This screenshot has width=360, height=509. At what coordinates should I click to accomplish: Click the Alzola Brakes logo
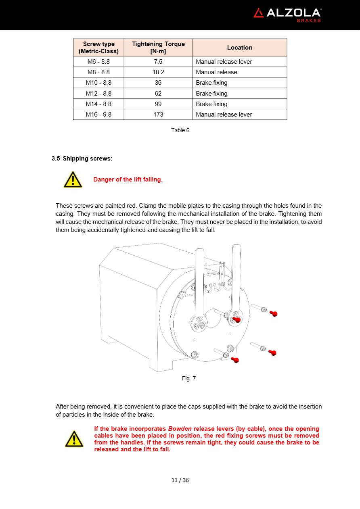[287, 15]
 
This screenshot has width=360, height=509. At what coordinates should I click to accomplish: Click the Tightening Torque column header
[158, 48]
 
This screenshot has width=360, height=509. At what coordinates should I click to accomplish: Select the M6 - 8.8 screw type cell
[98, 62]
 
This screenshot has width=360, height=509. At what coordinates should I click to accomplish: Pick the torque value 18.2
[158, 72]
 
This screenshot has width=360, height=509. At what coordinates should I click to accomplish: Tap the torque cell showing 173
[158, 115]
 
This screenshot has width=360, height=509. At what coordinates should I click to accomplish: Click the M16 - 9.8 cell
[98, 115]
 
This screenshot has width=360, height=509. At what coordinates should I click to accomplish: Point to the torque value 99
[158, 104]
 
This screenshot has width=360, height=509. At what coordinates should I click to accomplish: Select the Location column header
[239, 48]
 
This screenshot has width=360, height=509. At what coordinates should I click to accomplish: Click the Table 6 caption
[180, 130]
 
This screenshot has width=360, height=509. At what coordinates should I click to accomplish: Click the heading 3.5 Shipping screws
[82, 159]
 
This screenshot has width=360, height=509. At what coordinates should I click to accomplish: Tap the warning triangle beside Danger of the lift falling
[73, 180]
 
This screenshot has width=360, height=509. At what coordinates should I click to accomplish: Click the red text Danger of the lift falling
[128, 179]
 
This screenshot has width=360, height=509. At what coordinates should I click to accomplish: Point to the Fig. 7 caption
[188, 378]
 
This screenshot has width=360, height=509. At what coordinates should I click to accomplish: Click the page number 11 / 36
[180, 480]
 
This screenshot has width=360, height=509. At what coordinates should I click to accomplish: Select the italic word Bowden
[180, 429]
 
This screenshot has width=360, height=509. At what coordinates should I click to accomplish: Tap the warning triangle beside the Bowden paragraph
[74, 439]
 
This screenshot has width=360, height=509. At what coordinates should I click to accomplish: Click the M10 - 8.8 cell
[98, 83]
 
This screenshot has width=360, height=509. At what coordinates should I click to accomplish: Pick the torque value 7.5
[158, 62]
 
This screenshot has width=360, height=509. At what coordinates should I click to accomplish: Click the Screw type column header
[98, 48]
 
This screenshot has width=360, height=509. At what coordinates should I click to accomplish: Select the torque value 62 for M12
[158, 94]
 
